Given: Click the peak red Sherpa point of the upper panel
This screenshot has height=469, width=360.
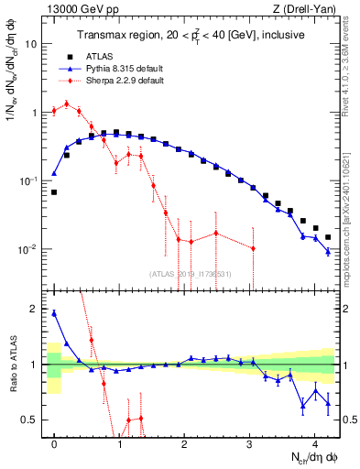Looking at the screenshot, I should tap(67, 104).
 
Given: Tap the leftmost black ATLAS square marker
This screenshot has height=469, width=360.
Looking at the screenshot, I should tap(55, 192).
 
